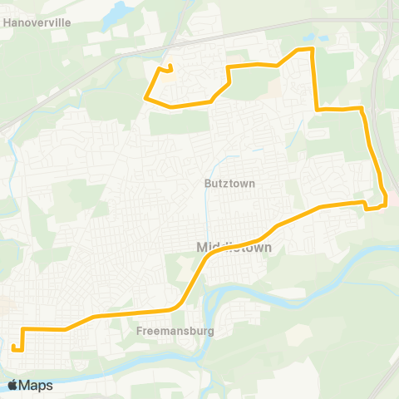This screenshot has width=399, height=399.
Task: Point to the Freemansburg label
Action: point(175,331)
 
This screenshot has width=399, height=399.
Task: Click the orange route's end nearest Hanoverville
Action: point(170,66)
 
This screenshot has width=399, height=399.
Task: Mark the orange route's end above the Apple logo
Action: point(14,347)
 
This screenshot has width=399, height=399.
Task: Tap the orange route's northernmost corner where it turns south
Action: point(312,49)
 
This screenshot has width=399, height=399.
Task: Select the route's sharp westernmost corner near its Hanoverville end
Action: point(147,99)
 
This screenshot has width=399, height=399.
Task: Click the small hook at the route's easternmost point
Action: point(385,199)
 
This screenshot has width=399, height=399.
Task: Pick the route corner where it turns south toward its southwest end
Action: point(22,329)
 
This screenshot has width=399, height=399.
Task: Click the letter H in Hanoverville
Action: point(7,23)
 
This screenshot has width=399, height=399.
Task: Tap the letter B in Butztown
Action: point(207,183)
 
